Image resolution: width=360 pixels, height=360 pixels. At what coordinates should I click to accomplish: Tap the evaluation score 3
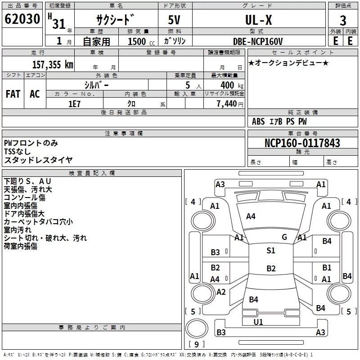[343, 21]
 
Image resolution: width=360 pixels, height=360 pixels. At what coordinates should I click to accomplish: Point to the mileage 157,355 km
[53, 65]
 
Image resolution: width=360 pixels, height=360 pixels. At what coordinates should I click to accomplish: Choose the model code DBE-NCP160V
[257, 41]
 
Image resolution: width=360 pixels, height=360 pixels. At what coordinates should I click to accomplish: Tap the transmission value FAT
[13, 94]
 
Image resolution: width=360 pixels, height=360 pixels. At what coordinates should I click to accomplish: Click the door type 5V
[174, 20]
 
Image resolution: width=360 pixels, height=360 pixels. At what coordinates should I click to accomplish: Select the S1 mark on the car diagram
[270, 251]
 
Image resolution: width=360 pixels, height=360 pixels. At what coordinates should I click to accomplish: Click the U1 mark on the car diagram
[258, 322]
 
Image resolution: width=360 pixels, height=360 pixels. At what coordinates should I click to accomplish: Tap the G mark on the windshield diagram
[284, 237]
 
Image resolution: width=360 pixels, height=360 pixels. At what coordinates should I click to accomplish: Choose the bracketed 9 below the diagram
[196, 344]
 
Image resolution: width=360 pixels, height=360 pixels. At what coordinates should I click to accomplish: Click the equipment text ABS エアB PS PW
[280, 121]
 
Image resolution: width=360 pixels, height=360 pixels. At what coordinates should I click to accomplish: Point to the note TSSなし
[18, 152]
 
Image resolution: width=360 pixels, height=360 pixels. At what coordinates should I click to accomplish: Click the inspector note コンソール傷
[24, 198]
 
